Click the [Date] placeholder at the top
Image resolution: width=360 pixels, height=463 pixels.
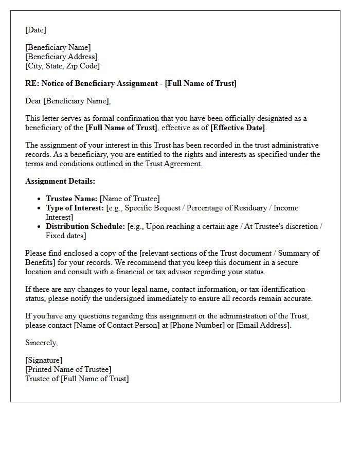35,30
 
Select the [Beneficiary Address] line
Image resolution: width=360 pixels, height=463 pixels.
61,57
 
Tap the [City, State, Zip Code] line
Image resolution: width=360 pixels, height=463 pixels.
62,66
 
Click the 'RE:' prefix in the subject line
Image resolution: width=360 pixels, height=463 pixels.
32,83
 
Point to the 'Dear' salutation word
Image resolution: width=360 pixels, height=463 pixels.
33,101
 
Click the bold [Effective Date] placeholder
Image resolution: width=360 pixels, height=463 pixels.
238,128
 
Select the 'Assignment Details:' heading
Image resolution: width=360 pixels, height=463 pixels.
60,181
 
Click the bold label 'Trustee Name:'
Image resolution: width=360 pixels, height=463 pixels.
71,199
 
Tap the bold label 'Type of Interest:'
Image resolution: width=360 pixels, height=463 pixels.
75,208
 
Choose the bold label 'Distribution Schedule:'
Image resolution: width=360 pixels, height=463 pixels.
85,226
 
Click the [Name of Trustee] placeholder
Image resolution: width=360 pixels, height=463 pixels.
130,199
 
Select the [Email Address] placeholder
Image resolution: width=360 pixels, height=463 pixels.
262,325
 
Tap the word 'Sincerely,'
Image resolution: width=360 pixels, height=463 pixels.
42,343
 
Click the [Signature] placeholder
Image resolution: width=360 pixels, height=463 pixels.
44,360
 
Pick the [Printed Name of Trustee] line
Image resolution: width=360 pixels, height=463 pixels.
68,369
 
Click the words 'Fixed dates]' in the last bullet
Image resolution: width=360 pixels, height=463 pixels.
66,236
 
